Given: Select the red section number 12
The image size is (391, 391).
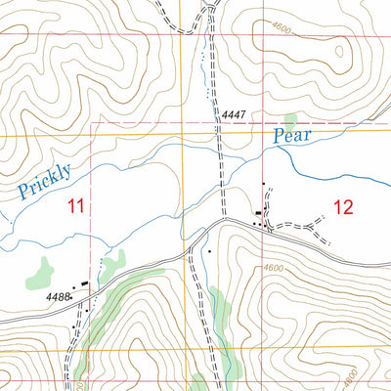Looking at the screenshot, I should [x=343, y=206].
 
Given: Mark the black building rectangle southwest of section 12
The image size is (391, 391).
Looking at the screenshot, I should [x=259, y=213].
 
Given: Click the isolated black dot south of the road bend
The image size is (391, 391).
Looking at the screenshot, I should [x=208, y=251].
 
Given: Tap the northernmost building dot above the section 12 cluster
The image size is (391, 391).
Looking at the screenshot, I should [x=263, y=184].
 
